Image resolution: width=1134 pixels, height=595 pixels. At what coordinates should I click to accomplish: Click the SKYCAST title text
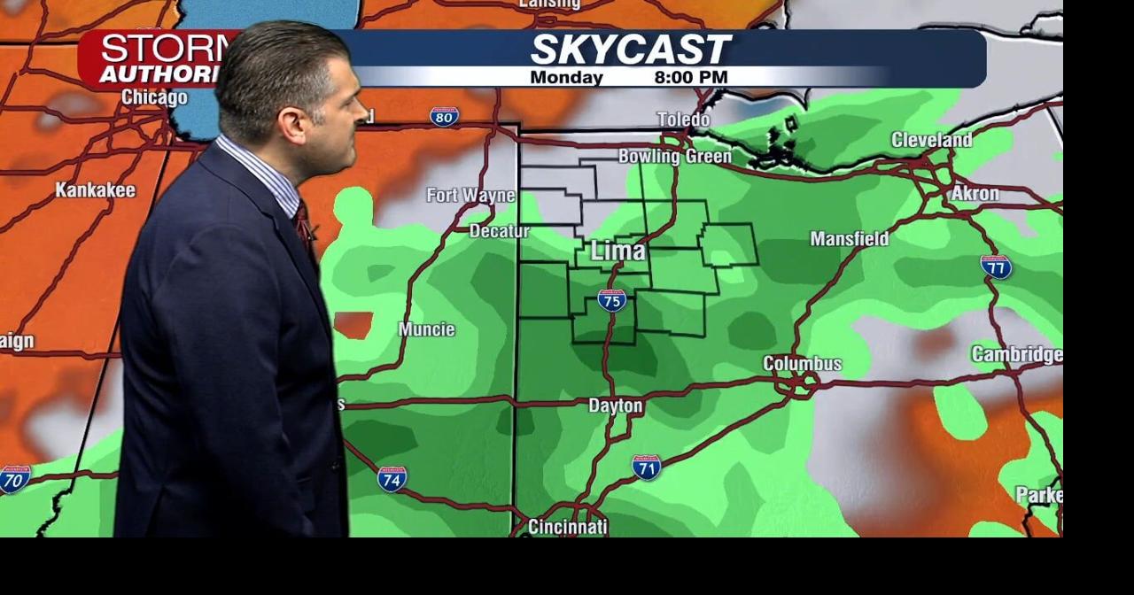[630, 50]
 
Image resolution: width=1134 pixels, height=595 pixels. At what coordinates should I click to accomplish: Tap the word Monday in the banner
[566, 78]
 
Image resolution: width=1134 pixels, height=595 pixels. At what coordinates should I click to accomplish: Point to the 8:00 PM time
[691, 78]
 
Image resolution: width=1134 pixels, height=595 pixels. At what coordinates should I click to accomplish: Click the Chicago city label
[154, 97]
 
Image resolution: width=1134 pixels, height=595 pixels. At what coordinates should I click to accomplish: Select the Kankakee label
[96, 190]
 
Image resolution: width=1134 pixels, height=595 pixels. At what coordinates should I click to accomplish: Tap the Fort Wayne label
[470, 195]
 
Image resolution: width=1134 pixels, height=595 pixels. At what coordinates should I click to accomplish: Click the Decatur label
[499, 231]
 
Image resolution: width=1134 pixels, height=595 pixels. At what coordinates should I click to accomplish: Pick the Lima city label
[617, 251]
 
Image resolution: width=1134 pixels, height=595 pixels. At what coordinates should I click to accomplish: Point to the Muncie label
[426, 329]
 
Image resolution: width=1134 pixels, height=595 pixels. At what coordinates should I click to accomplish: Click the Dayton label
[616, 406]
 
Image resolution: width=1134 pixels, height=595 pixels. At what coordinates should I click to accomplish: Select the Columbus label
[802, 364]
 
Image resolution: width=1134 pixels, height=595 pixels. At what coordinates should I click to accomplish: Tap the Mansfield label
[849, 238]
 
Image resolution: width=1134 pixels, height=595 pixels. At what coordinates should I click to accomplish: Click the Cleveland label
[931, 140]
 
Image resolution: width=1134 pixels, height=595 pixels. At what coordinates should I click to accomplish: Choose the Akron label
[975, 193]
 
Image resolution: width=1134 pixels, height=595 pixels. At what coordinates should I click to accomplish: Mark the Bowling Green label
[675, 157]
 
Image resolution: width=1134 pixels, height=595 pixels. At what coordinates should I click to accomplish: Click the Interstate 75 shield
[611, 300]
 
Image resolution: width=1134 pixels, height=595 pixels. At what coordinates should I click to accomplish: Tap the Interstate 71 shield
[646, 467]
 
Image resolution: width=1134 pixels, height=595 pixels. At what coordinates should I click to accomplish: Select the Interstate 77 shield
[996, 266]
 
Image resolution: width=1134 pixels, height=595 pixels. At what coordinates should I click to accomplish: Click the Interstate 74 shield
[392, 478]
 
